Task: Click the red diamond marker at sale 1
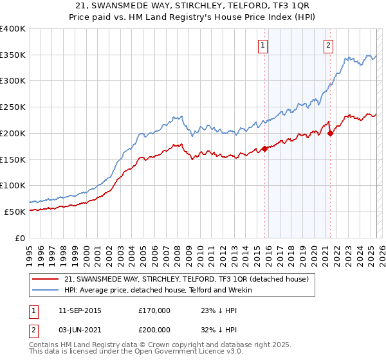pyautogui.click(x=264, y=148)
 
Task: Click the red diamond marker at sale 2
pyautogui.click(x=330, y=133)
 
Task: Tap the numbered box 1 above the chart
pyautogui.click(x=264, y=45)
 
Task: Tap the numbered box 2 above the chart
pyautogui.click(x=328, y=45)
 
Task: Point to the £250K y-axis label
pyautogui.click(x=13, y=107)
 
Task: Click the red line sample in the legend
pyautogui.click(x=46, y=279)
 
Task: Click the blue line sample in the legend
pyautogui.click(x=46, y=290)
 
